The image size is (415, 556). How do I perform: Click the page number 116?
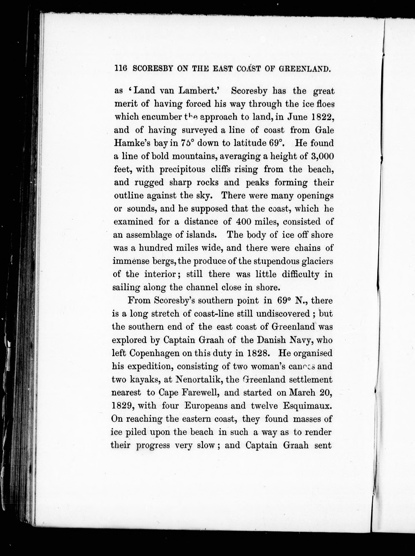click(x=121, y=69)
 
